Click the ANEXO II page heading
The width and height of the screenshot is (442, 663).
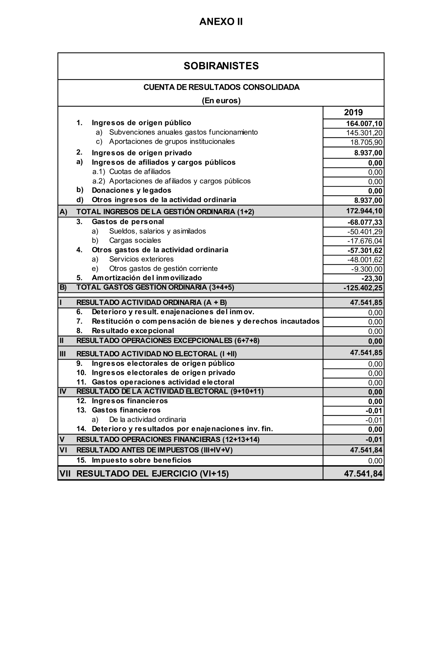tap(221, 22)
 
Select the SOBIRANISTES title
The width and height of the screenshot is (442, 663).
tap(221, 66)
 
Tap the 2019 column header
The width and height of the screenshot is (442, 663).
tap(353, 112)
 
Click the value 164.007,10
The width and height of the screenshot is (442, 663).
tap(364, 123)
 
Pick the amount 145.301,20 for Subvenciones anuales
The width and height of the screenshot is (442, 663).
tap(364, 133)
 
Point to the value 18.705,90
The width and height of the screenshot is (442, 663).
tap(366, 142)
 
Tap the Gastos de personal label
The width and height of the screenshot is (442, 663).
tap(128, 222)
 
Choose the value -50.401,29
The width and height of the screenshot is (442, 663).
tap(365, 232)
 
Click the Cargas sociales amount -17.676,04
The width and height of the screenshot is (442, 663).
tap(365, 241)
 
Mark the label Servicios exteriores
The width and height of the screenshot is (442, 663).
tap(141, 259)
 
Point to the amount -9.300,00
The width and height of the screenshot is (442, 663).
tap(367, 269)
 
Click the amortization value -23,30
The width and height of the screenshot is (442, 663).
tap(372, 278)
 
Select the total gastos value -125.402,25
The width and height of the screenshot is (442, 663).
tap(363, 288)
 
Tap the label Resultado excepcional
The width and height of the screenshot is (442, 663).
tap(133, 331)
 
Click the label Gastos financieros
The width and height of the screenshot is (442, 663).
tap(126, 410)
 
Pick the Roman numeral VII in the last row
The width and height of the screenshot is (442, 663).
tap(65, 473)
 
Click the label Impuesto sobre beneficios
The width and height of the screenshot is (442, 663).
tap(141, 460)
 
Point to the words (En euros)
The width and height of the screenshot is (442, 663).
tap(221, 101)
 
